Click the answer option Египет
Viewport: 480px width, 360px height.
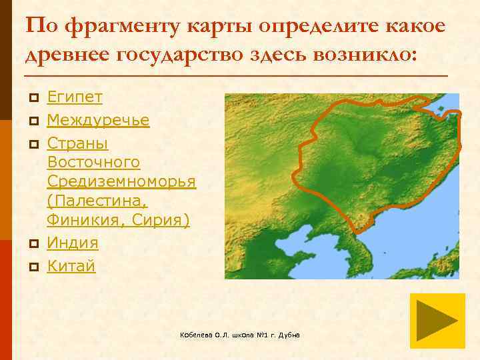click(75, 97)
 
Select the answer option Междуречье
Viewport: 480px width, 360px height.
click(98, 121)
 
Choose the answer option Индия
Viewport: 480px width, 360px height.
click(73, 243)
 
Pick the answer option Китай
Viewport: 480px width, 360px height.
click(71, 266)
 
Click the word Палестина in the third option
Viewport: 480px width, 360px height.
click(97, 201)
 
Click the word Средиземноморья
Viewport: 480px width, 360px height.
click(121, 182)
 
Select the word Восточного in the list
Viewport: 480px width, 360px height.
click(93, 163)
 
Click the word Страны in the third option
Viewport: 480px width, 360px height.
click(77, 144)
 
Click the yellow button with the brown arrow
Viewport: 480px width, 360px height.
click(437, 321)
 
